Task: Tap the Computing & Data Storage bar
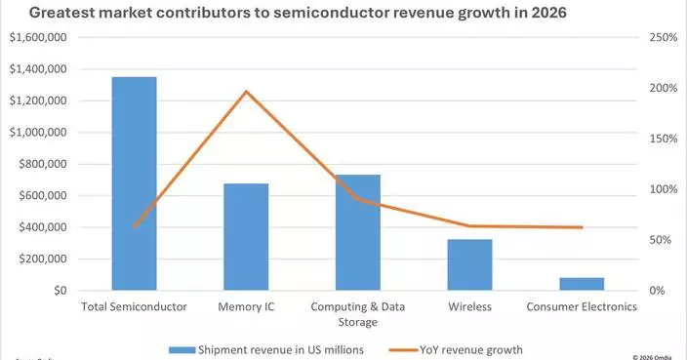coord(357,232)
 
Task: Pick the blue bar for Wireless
coord(469,264)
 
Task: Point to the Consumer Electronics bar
coord(582,284)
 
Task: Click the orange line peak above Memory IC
coord(246,92)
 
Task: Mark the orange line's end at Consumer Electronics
coord(582,227)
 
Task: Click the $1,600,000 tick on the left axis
coord(37,37)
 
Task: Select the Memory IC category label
coord(246,306)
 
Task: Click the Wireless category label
coord(469,306)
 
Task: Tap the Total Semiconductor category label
coord(134,306)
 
